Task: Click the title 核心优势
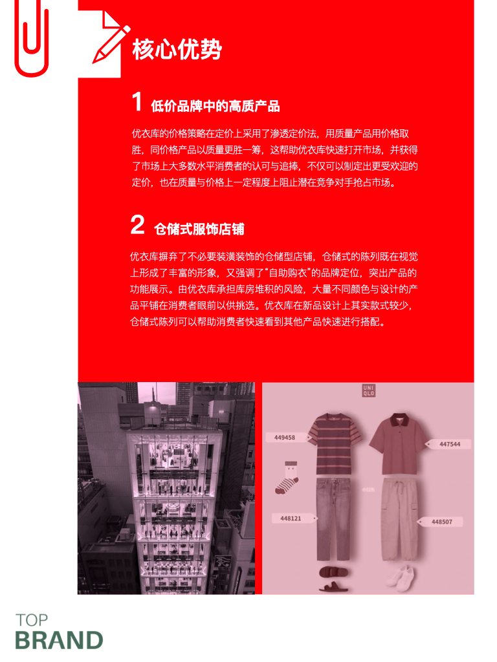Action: point(177,50)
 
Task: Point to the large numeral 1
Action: point(137,102)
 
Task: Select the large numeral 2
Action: point(137,226)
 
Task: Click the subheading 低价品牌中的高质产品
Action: point(215,105)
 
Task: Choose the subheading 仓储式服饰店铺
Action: point(199,229)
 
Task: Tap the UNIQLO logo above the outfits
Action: point(368,390)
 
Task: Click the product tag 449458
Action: point(285,438)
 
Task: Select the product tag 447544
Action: point(449,444)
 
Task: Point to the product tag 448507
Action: point(441,522)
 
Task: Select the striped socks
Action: point(287,478)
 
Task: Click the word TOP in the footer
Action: point(32,620)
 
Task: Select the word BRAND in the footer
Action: point(59,640)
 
